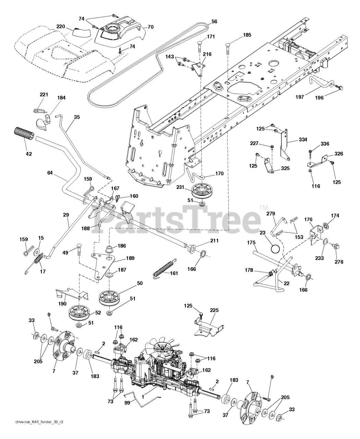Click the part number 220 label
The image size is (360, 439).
coord(61,26)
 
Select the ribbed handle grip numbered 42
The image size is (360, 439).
coord(24,133)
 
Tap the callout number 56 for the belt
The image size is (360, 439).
coord(214,21)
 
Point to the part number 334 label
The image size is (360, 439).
coord(303,140)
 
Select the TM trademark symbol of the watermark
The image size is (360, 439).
coord(263,207)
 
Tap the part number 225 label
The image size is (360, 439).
coord(214,310)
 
